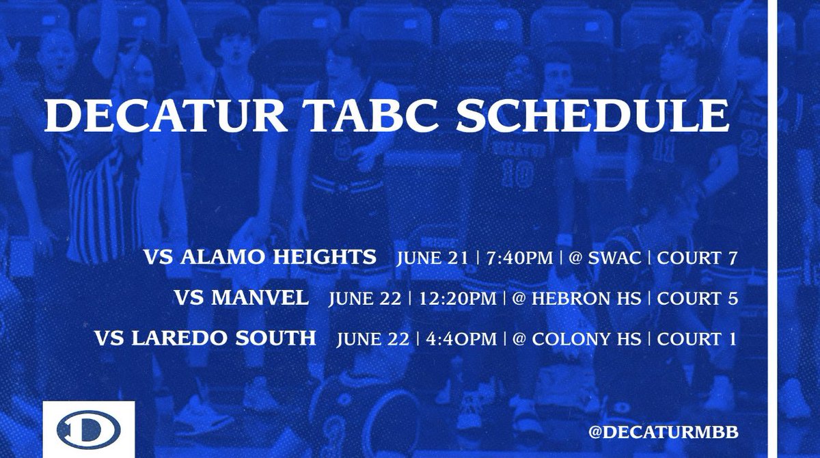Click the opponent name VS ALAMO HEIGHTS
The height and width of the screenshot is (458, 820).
pos(260,258)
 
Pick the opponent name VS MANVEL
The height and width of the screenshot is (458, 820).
pos(241,298)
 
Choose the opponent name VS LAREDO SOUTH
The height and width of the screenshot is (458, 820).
pos(206,338)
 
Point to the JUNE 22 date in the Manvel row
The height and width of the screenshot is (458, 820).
pos(363,299)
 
